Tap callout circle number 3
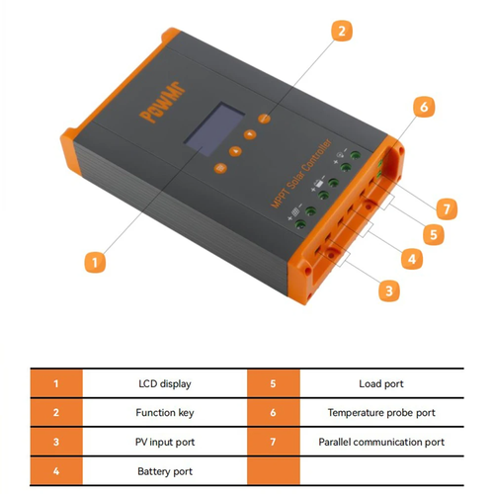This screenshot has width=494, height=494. point(390,290)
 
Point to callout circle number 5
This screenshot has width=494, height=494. point(431,234)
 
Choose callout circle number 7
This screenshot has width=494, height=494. point(447,208)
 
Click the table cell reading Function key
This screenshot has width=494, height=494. point(163,413)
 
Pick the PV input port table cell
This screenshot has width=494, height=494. point(163,443)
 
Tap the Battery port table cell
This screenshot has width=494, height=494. point(163,472)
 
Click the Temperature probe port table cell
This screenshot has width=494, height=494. point(380,413)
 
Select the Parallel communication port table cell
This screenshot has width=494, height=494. point(380,443)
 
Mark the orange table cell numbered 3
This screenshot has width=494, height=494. point(55,443)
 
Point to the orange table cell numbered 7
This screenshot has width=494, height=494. point(271,443)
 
